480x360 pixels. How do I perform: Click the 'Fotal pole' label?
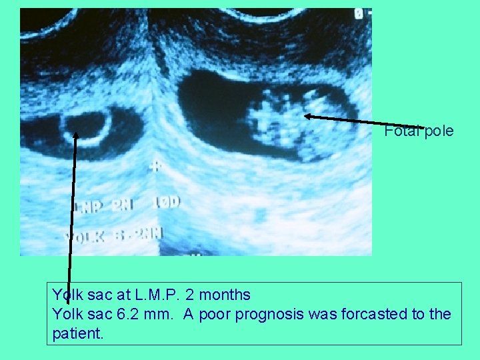tap(419, 131)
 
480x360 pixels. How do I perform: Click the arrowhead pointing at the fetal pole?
tap(307, 116)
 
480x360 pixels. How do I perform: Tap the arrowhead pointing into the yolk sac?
tap(76, 135)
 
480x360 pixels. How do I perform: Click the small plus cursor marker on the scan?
tap(156, 165)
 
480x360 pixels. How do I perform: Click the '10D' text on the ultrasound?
tap(168, 201)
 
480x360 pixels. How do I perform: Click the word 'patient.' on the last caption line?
tap(77, 333)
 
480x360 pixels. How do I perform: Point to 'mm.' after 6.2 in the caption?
tap(161, 314)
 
